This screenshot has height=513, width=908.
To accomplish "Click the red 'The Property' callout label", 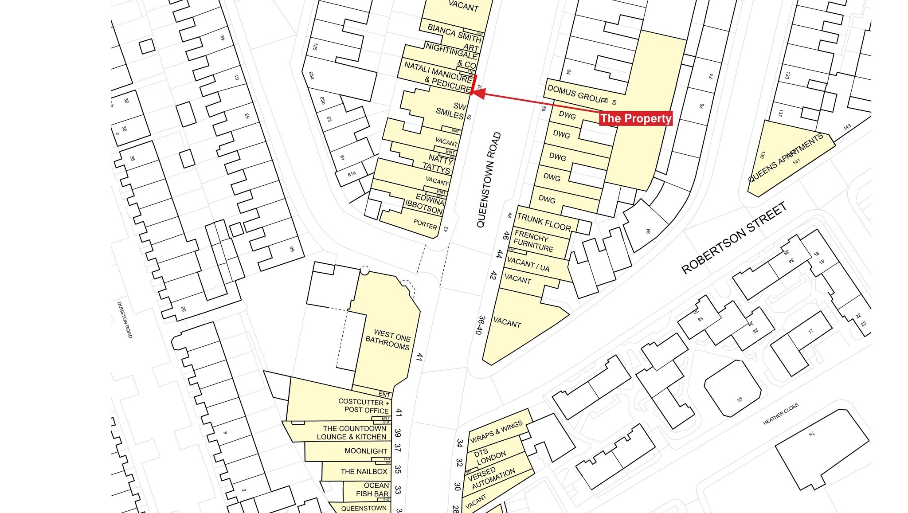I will [x=635, y=118].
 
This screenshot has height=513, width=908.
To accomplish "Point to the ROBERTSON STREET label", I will [x=734, y=238].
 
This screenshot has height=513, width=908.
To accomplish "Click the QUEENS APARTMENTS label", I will [x=785, y=157].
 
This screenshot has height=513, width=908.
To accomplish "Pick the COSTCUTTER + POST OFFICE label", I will [x=364, y=406].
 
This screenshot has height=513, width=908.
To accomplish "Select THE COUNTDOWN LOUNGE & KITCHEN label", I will [x=352, y=432].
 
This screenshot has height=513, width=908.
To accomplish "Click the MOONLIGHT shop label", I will [x=366, y=451].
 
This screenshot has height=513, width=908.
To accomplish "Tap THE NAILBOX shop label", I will [x=364, y=471].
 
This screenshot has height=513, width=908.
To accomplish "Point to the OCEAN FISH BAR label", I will [x=373, y=490].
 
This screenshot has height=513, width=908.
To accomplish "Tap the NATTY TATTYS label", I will [x=438, y=163].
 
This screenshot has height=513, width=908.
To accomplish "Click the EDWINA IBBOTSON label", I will [x=425, y=203].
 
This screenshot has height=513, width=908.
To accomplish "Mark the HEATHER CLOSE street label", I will [x=781, y=414].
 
